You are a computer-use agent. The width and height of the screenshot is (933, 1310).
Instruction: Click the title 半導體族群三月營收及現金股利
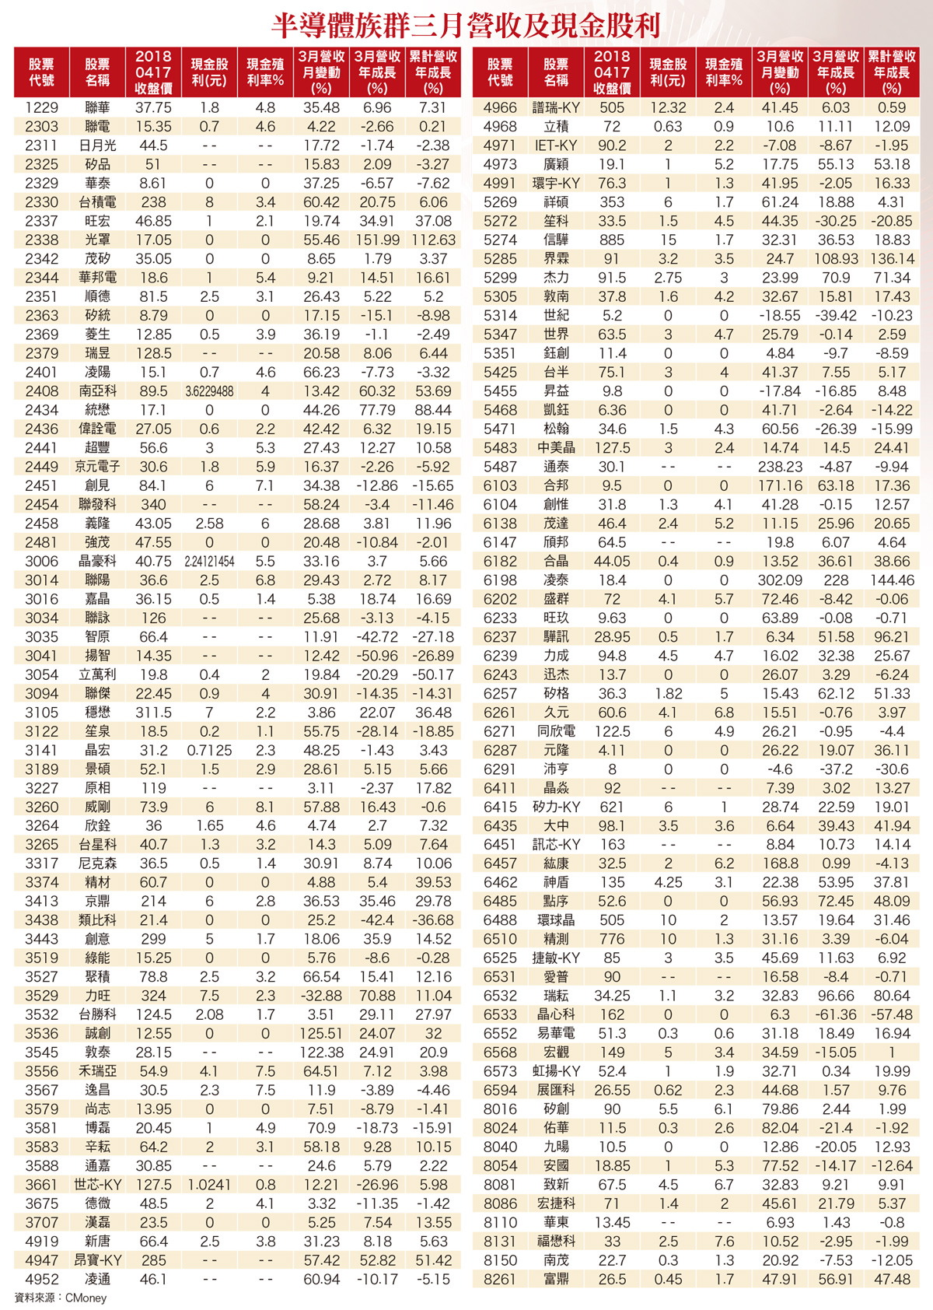(466, 26)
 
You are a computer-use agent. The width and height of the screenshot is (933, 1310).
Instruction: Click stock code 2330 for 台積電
(41, 202)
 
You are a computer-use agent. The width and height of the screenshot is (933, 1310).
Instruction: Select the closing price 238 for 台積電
(153, 202)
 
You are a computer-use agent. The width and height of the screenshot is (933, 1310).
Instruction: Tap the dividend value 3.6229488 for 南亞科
(209, 391)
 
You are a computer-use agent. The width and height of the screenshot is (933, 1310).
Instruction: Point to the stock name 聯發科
(97, 505)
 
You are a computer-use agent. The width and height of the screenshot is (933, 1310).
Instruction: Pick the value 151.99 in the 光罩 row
(377, 240)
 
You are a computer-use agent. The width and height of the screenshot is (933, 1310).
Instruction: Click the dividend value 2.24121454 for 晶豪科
(209, 562)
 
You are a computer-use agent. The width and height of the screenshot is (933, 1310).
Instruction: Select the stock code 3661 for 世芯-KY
(41, 1185)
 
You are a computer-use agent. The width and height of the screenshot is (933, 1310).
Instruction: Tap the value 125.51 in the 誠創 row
(321, 1034)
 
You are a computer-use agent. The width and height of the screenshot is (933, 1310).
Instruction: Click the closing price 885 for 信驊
(612, 240)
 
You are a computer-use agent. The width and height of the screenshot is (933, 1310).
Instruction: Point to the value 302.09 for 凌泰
(780, 580)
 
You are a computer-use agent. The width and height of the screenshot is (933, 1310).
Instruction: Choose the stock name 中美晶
(556, 448)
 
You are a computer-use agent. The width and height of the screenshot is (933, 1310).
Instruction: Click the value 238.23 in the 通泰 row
(780, 467)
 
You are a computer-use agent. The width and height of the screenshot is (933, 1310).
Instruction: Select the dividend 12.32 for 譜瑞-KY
(668, 108)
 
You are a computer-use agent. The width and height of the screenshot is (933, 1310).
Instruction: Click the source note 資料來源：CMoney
(61, 1298)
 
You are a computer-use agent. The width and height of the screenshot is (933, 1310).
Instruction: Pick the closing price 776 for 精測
(612, 940)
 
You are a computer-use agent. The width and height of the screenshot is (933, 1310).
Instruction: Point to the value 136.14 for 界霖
(892, 259)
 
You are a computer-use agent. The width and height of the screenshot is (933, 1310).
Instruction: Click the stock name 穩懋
(97, 713)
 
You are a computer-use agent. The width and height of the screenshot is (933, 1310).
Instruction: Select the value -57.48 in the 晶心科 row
(892, 1015)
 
